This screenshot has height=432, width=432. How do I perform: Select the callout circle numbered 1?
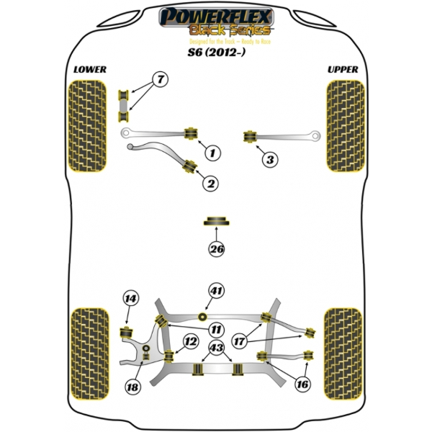212,152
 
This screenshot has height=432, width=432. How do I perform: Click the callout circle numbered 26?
217,250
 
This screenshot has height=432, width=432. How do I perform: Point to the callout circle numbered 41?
217,291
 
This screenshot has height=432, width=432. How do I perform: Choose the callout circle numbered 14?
130,299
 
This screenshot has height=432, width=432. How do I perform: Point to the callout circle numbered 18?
132,387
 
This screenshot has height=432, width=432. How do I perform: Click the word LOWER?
90,69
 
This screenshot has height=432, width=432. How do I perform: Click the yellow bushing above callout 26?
217,220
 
